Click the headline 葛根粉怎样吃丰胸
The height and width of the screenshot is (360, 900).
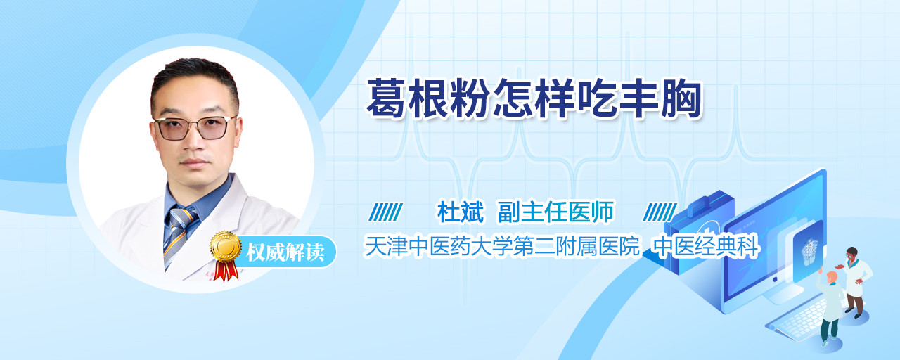pyautogui.click(x=534, y=98)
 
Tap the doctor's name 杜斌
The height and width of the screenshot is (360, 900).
pyautogui.click(x=461, y=212)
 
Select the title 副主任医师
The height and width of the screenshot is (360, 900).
pyautogui.click(x=556, y=212)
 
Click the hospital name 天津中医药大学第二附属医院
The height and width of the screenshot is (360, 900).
pyautogui.click(x=502, y=246)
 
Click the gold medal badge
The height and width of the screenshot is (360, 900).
pyautogui.click(x=226, y=246)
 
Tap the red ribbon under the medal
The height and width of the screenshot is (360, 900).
pyautogui.click(x=226, y=271)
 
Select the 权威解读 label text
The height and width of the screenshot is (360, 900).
pyautogui.click(x=285, y=252)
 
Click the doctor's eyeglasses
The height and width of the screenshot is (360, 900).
pyautogui.click(x=195, y=128)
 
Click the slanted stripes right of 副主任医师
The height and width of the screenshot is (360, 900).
pyautogui.click(x=660, y=212)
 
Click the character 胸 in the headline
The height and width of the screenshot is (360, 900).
pyautogui.click(x=682, y=98)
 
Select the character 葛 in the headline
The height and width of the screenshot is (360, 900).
pyautogui.click(x=386, y=98)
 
